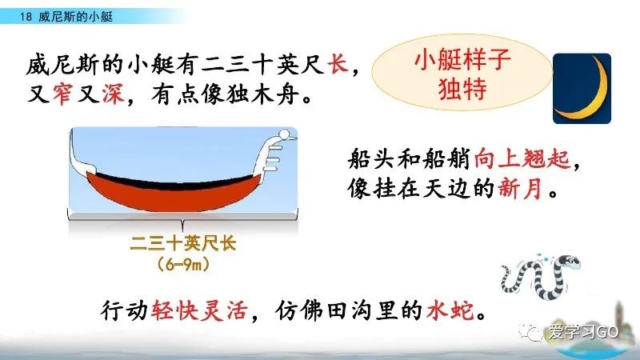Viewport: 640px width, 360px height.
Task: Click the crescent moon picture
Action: tap(582, 89)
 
